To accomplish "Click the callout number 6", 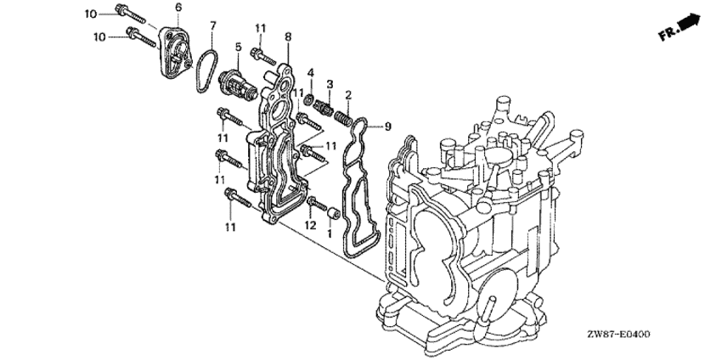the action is coord(178,8).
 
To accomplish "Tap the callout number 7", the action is coord(212,25).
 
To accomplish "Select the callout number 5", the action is coord(238,47).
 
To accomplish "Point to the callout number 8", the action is coord(288,37).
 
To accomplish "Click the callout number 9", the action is coord(387,127).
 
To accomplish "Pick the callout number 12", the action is coord(310,225).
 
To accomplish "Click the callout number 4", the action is coord(311,73).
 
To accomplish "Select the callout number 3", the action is coord(330,84).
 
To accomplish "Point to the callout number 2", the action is coord(348,95).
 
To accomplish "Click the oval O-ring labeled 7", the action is coord(206,70).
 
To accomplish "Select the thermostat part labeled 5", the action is coord(237,85).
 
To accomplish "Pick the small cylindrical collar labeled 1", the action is coord(333,214).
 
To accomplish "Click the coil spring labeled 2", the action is coord(343,119).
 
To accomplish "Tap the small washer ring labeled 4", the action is coord(310,98).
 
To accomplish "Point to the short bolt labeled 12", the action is coord(317,205).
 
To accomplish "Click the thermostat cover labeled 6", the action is coord(175,52).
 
